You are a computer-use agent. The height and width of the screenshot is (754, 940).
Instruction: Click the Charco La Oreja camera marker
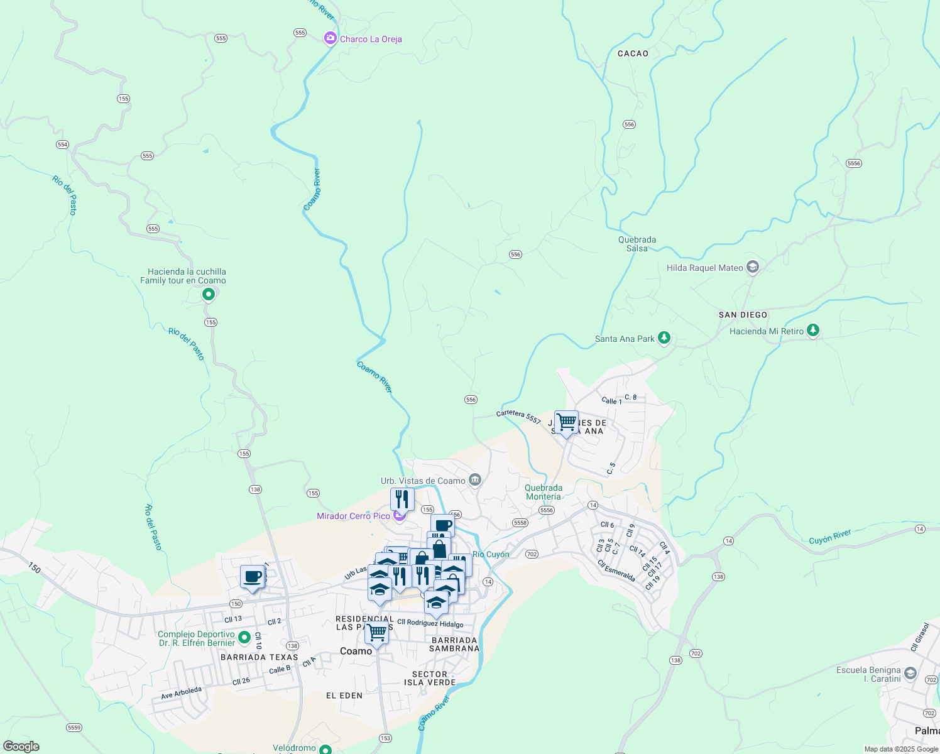[330, 39]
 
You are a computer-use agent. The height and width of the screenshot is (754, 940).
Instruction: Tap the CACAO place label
[633, 53]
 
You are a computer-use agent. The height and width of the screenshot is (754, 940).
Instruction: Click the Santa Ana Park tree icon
[664, 338]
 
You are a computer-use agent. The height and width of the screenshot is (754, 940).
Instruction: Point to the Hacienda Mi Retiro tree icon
[813, 331]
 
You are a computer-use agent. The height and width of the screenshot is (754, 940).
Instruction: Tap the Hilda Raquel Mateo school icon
[753, 267]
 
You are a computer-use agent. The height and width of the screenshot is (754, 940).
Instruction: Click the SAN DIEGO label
[743, 315]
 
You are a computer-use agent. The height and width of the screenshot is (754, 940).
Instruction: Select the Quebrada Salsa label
[637, 244]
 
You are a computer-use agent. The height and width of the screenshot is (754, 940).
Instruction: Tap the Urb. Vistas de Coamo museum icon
[475, 481]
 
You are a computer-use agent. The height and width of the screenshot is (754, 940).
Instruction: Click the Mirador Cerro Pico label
[353, 516]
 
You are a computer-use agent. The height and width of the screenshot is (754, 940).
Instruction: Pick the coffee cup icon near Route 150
[253, 577]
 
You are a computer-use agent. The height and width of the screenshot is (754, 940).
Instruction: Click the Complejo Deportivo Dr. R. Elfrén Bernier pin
[245, 638]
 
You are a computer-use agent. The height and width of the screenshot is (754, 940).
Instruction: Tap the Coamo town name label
[356, 651]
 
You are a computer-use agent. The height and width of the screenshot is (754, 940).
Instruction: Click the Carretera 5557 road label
[518, 417]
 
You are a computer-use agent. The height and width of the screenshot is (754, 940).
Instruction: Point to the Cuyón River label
[829, 537]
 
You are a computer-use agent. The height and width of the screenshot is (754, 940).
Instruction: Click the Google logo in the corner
[21, 746]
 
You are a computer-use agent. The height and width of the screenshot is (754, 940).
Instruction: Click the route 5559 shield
[74, 728]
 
